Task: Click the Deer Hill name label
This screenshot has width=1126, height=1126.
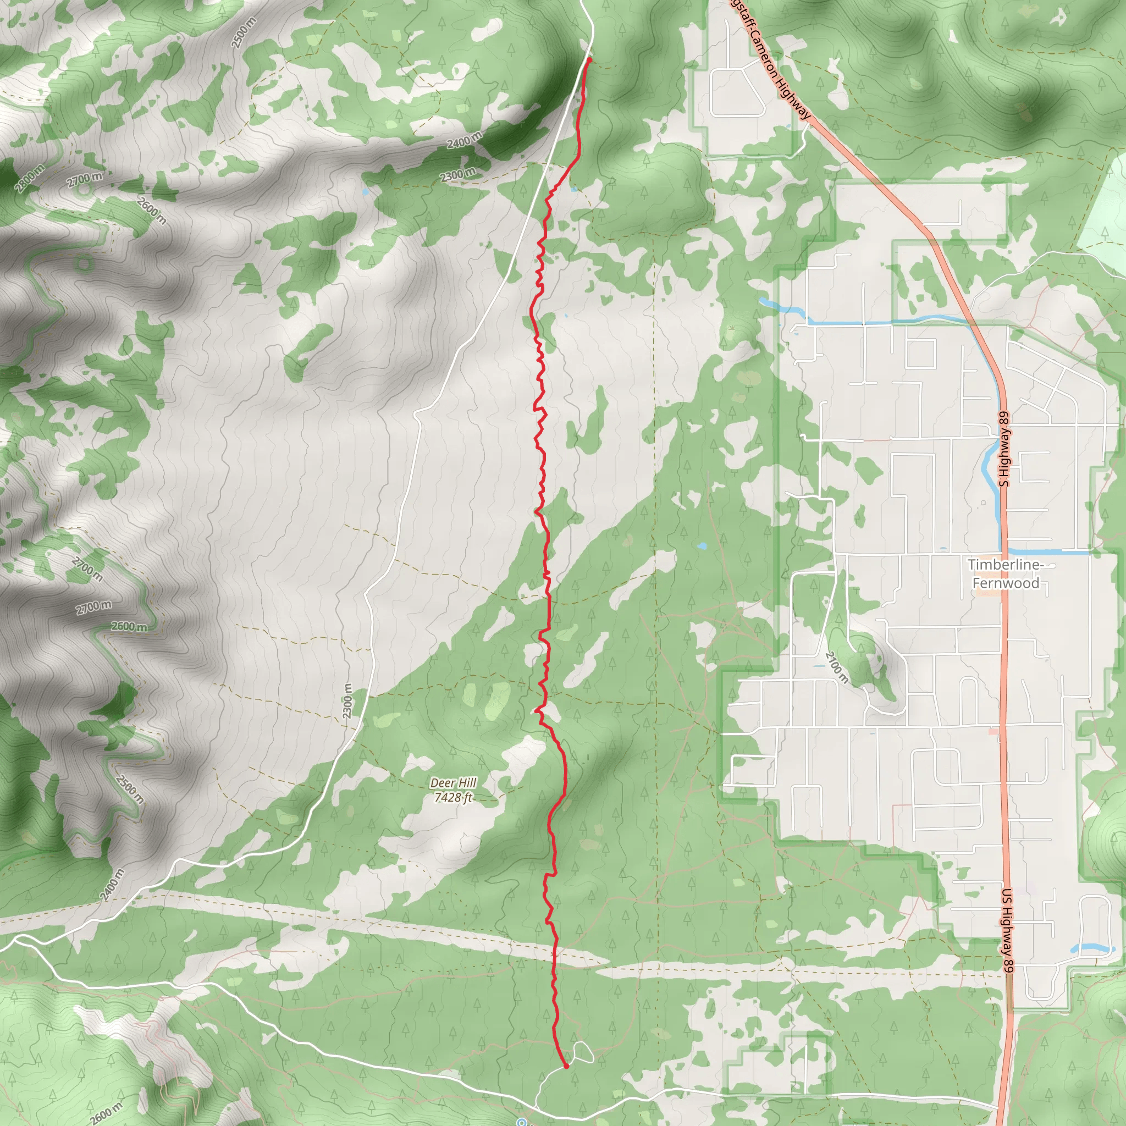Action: click(x=454, y=783)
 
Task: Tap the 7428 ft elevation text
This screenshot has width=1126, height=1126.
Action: click(x=454, y=797)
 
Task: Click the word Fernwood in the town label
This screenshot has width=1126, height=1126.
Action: click(x=1006, y=583)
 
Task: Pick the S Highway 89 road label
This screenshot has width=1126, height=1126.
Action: click(x=1003, y=449)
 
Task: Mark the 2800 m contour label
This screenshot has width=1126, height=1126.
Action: click(x=30, y=178)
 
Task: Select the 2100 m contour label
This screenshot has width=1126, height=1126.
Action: click(x=837, y=667)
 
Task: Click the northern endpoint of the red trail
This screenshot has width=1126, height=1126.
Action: click(x=589, y=60)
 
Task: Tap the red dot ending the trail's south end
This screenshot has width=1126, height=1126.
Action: click(x=566, y=1067)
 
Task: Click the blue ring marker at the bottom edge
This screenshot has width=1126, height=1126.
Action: click(x=522, y=1122)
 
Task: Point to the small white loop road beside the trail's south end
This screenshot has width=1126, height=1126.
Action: click(x=583, y=1052)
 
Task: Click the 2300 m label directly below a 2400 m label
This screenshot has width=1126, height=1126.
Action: click(x=457, y=174)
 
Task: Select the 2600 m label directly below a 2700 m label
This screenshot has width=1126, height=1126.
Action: click(x=129, y=627)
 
